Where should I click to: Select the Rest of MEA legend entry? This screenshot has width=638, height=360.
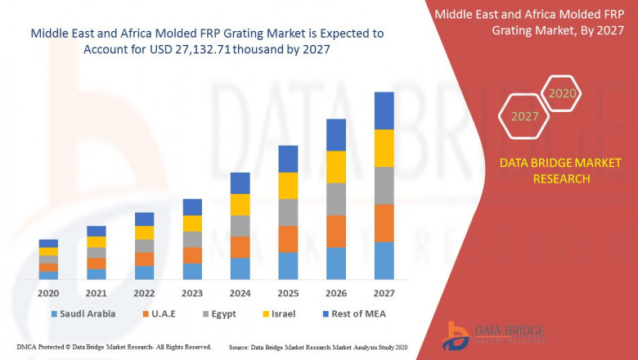353,313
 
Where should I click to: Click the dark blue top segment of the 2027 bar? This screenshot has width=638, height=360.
384,110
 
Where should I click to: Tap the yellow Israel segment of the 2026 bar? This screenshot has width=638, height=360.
336,167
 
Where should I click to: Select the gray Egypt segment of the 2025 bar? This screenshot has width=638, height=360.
288,212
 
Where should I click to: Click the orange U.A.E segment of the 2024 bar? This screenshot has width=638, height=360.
240,247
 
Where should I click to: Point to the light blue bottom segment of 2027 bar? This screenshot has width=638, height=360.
384,260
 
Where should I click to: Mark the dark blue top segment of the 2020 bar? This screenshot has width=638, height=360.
48,243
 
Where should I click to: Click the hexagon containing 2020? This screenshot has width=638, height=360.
562,93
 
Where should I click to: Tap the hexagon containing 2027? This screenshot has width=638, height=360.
524,116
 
